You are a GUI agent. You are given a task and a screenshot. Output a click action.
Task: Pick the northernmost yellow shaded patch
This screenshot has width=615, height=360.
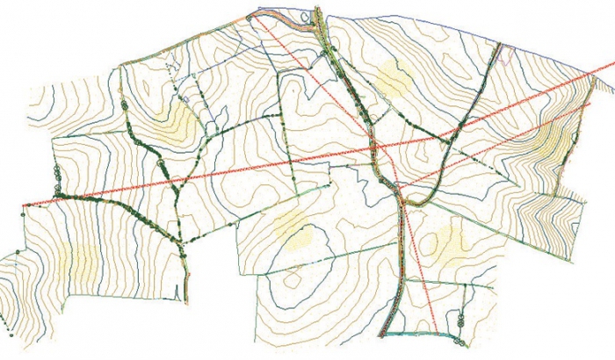393,79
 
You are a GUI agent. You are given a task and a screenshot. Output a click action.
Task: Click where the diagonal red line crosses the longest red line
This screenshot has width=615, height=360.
374,146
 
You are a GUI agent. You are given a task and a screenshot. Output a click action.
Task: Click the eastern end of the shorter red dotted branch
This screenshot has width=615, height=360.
591,104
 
